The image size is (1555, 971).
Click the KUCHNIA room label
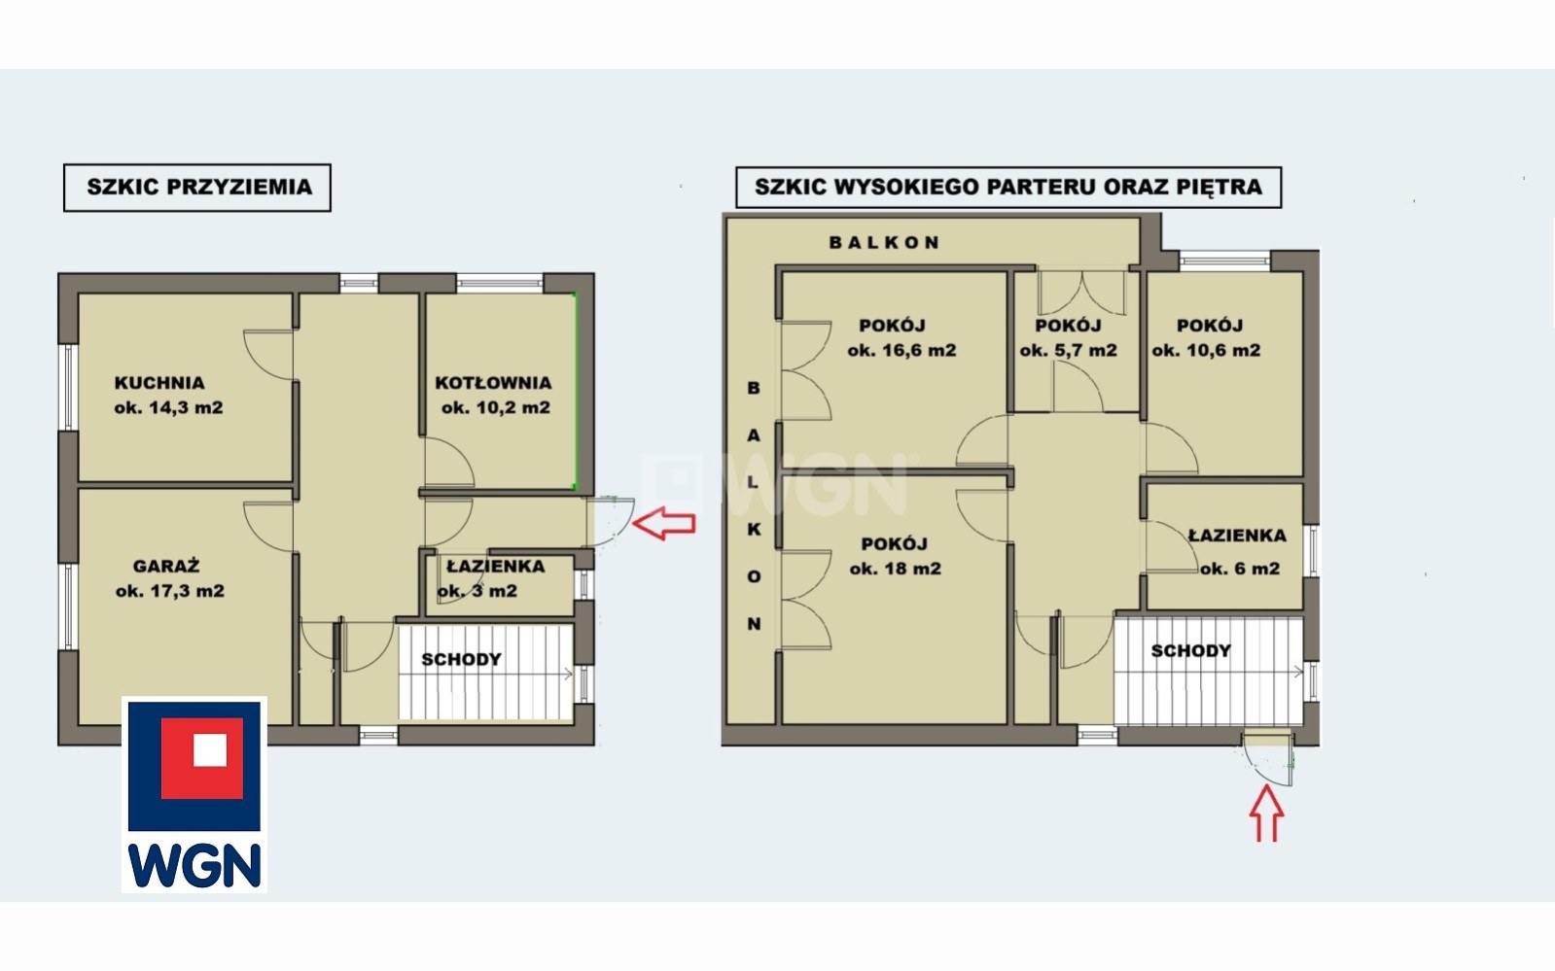pos(159,382)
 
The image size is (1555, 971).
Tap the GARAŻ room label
pos(166,566)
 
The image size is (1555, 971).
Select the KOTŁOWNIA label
pos(494,382)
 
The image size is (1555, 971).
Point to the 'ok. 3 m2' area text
pos(477,591)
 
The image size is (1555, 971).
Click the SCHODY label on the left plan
pos(462,659)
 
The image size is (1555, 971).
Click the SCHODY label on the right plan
pos(1191,650)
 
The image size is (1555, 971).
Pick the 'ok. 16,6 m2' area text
pos(901,350)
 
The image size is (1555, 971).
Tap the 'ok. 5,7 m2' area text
pos(1069,350)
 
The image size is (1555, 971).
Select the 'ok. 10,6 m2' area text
pos(1206,350)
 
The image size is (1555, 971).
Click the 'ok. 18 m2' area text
pos(896,569)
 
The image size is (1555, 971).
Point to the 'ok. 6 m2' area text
pos(1240,569)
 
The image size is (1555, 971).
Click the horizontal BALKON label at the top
pos(884,242)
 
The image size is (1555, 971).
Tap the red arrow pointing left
pos(663,523)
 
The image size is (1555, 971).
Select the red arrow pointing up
pos(1267,814)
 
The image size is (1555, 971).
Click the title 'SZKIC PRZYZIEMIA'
pos(199,187)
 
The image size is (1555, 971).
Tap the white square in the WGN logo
pos(210,749)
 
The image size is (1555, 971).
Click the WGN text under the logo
pos(194,865)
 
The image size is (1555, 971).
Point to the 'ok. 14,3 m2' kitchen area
pos(168,407)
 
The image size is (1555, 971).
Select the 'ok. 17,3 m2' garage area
pos(170,591)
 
